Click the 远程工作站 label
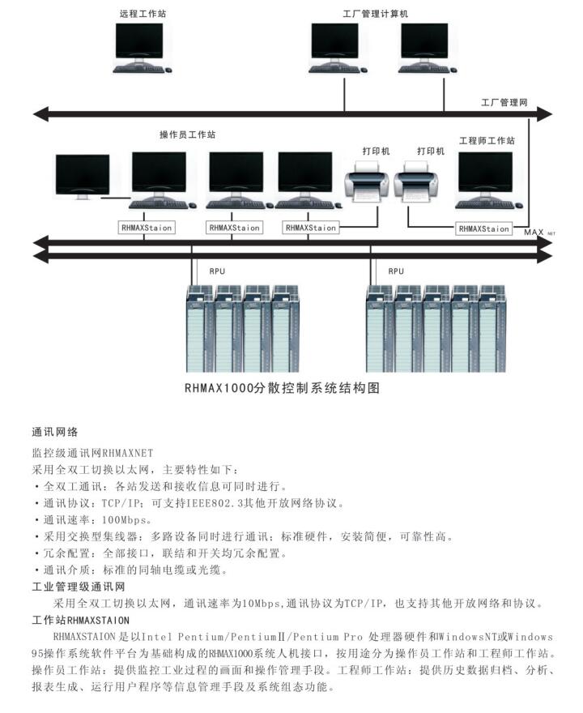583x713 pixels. [x=145, y=14]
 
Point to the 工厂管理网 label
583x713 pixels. [x=504, y=103]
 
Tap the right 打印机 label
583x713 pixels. [x=431, y=151]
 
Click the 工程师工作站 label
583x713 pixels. [x=486, y=140]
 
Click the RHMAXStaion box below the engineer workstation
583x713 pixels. [x=484, y=228]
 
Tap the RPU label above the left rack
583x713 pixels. [x=217, y=271]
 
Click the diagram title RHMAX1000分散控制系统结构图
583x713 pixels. [x=282, y=388]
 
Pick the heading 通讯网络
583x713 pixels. [x=54, y=433]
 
